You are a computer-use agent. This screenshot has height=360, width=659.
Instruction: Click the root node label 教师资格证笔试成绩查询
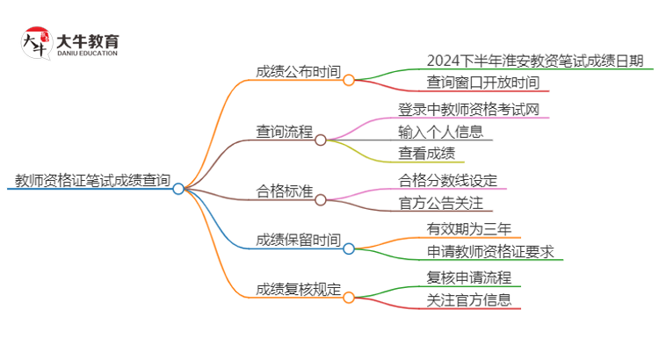(92, 181)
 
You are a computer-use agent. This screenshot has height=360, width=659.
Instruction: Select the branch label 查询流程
(284, 132)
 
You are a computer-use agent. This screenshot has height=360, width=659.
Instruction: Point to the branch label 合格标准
(284, 191)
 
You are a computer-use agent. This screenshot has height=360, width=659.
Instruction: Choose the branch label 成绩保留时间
(298, 241)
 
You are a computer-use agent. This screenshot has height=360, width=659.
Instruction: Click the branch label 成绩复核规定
(298, 290)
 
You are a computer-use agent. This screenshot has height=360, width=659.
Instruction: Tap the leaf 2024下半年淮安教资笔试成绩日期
(535, 61)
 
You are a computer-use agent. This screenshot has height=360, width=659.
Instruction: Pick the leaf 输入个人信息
(440, 132)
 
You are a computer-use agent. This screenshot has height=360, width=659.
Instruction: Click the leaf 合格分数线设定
(447, 180)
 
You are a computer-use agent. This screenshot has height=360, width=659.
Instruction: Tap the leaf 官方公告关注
(440, 203)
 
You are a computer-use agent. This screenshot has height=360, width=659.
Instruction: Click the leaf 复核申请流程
(468, 278)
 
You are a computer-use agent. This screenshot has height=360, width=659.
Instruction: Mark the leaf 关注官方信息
(468, 301)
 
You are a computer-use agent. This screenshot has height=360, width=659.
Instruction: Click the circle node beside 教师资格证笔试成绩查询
(178, 189)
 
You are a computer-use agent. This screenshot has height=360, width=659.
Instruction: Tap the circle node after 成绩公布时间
(349, 80)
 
